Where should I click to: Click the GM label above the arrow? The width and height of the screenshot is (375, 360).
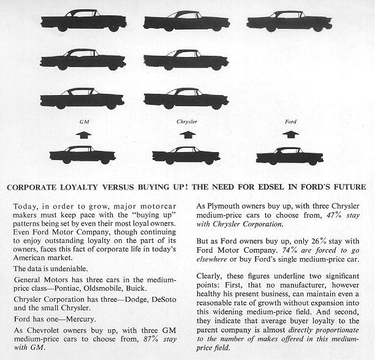[x=84, y=122]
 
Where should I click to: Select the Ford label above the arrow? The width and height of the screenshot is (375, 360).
[x=290, y=122]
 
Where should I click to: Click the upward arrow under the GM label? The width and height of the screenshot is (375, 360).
[x=84, y=133]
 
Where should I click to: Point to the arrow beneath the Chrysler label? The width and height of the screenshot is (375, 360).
[x=187, y=133]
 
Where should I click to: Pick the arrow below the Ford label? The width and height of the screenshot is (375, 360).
[x=290, y=133]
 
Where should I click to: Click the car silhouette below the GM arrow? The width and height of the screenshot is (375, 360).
[x=83, y=155]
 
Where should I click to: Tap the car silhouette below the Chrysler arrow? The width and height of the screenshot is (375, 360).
[x=185, y=155]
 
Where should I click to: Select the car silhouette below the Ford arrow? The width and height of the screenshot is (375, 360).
[x=289, y=155]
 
